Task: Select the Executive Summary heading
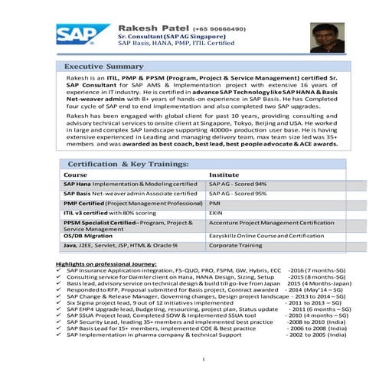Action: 103,67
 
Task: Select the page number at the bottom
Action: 203,358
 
